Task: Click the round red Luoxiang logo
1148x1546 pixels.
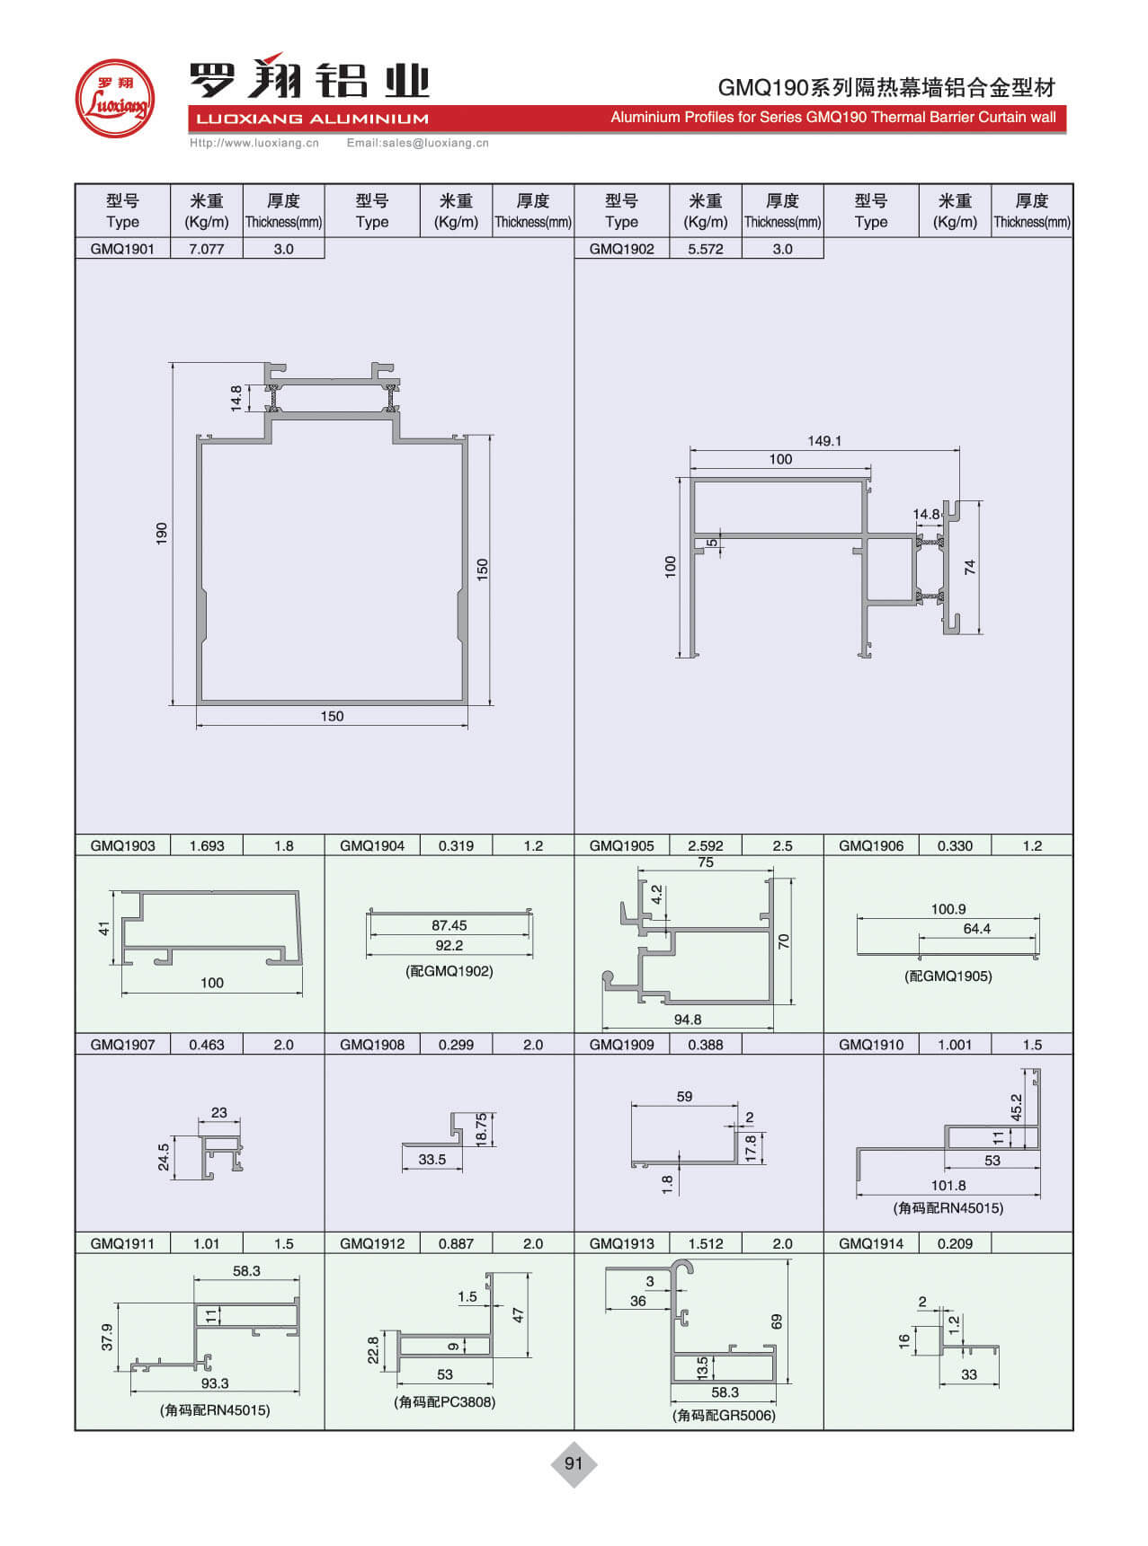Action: coord(114,98)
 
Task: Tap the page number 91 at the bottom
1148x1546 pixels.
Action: coord(574,1463)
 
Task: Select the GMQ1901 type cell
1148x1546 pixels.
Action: coord(122,249)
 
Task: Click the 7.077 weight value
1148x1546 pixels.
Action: coord(206,249)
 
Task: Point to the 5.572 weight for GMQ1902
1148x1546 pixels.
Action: coord(705,249)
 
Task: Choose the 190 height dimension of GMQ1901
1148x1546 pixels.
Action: coord(162,533)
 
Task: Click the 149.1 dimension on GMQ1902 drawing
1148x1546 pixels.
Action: coord(824,441)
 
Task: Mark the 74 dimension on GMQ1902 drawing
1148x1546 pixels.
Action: coord(969,568)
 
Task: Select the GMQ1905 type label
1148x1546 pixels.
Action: coord(621,845)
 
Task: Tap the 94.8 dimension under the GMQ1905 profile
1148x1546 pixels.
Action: coord(688,1020)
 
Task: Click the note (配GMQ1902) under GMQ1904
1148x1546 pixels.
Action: coord(449,971)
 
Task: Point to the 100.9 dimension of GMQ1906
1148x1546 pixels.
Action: coord(948,909)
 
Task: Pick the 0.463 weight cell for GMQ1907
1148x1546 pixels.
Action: coord(206,1045)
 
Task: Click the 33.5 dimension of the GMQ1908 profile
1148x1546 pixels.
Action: coord(432,1160)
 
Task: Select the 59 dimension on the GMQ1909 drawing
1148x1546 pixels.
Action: coord(684,1097)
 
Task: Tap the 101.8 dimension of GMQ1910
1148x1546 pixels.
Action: coord(948,1186)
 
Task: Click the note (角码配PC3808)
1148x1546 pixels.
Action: coord(444,1402)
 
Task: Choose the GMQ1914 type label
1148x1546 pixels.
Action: coord(870,1244)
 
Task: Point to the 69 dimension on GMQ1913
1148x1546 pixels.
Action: coord(777,1321)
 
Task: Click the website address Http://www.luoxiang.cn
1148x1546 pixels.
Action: coord(254,143)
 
